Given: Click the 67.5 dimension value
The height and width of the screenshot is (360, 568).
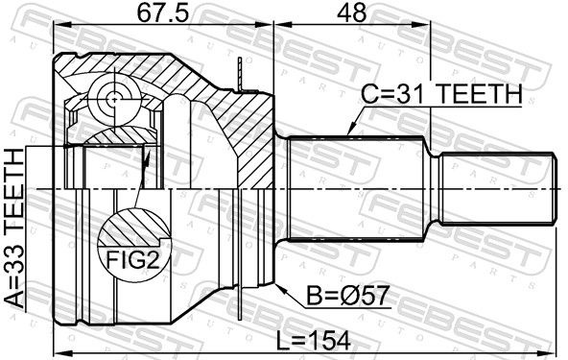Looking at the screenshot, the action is (163, 13).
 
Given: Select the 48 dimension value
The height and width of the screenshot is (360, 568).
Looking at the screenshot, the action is (351, 13).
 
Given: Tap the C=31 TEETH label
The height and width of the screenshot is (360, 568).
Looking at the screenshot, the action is (442, 93).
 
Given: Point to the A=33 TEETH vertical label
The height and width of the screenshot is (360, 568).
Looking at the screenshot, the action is (14, 229).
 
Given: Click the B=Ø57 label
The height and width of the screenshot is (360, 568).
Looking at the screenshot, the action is (348, 296).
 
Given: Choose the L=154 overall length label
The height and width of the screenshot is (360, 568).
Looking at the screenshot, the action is (314, 341).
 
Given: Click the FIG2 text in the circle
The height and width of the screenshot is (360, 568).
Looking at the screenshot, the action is (132, 259).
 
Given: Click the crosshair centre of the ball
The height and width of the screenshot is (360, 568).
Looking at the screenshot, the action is (114, 98).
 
